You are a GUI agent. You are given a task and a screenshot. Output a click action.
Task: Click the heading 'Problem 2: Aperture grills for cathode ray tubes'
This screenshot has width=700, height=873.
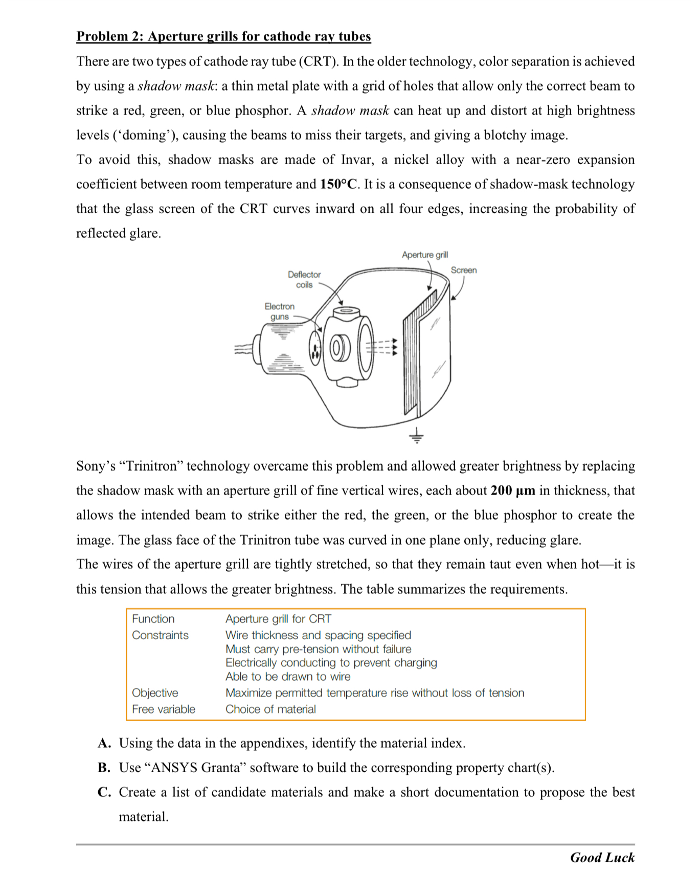tap(223, 36)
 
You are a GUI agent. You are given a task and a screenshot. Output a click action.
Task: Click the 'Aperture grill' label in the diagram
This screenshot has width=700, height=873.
tap(424, 255)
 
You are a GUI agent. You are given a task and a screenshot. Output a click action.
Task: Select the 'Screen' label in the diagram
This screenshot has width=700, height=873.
tap(463, 270)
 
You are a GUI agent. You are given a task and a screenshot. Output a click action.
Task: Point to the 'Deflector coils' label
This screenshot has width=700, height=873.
tap(304, 280)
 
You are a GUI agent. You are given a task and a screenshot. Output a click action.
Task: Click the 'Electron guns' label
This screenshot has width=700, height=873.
tap(279, 311)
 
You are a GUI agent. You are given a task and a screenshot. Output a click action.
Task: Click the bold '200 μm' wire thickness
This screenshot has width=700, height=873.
tap(513, 490)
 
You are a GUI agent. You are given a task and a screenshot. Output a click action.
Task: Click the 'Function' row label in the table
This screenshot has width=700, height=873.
tap(153, 619)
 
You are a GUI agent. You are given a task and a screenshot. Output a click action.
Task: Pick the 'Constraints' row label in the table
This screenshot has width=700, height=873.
tap(160, 635)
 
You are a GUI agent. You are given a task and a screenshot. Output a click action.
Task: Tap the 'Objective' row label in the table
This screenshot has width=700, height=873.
tap(155, 693)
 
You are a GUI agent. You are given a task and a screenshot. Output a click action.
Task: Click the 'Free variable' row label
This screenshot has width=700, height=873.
tap(164, 709)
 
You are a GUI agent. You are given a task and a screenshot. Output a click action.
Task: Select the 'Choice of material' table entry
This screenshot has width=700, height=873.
tap(270, 709)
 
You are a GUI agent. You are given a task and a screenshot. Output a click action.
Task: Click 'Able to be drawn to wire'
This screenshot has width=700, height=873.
tap(288, 677)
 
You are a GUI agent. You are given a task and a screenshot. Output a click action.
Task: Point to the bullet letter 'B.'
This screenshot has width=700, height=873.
tap(104, 768)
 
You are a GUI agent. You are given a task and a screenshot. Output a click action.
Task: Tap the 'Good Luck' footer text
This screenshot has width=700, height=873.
tap(602, 858)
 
